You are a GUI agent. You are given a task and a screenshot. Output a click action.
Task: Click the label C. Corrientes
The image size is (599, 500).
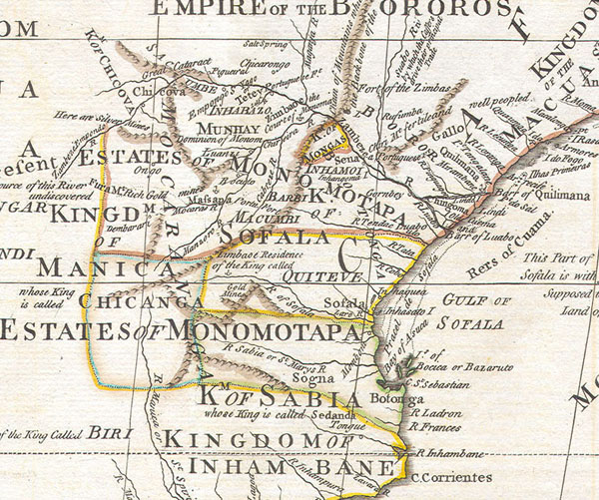[451, 477]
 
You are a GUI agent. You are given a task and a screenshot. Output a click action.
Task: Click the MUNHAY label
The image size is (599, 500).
[226, 129]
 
